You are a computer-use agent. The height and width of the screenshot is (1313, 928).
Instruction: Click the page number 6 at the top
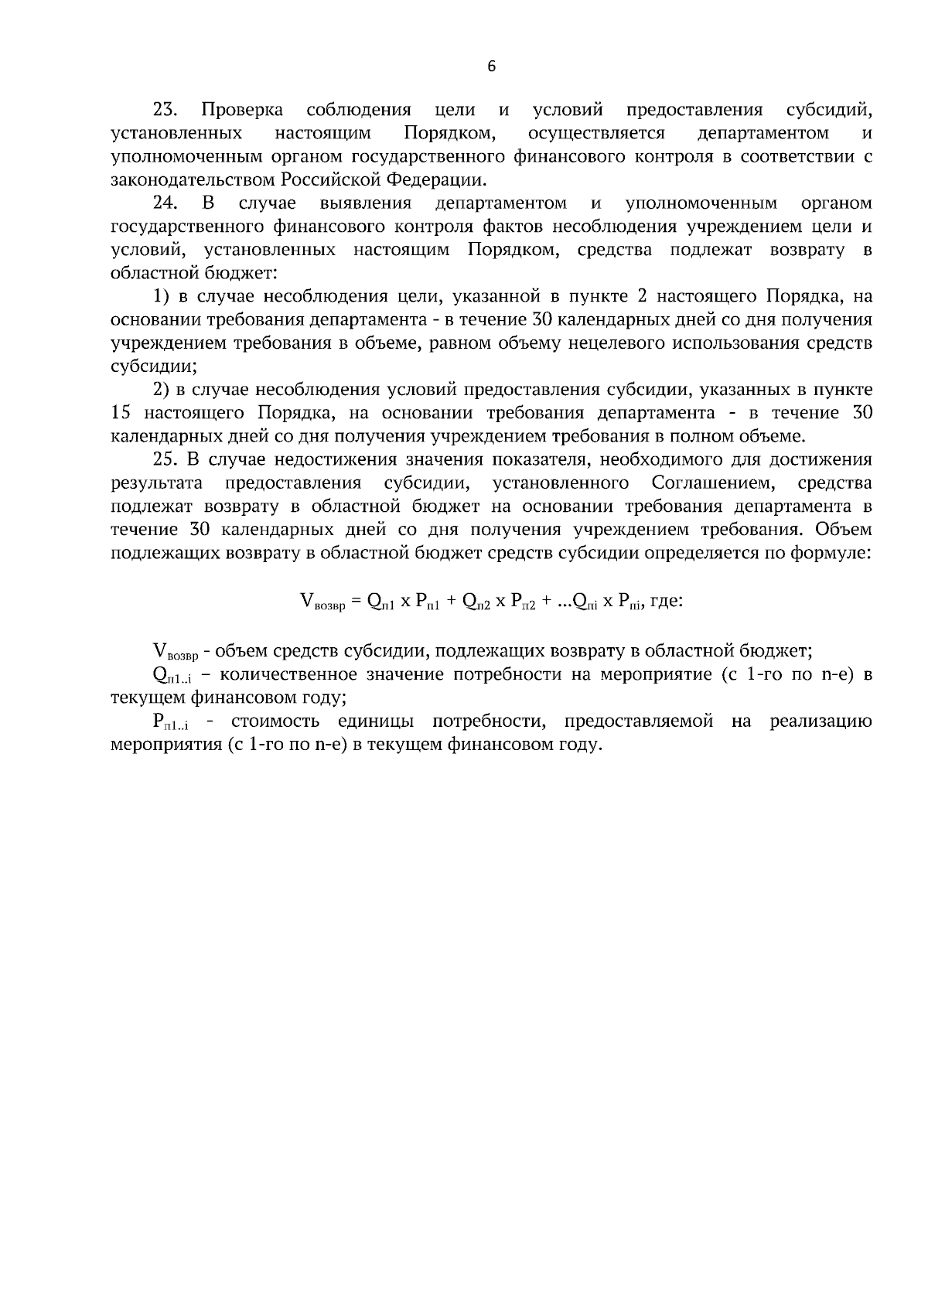click(492, 67)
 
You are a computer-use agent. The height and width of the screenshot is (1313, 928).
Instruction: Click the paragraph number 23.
click(165, 111)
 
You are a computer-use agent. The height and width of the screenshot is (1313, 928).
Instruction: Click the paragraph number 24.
click(165, 203)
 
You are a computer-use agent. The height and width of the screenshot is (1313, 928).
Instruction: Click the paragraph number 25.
click(165, 459)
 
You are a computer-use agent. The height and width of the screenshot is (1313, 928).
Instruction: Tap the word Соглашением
click(712, 483)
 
